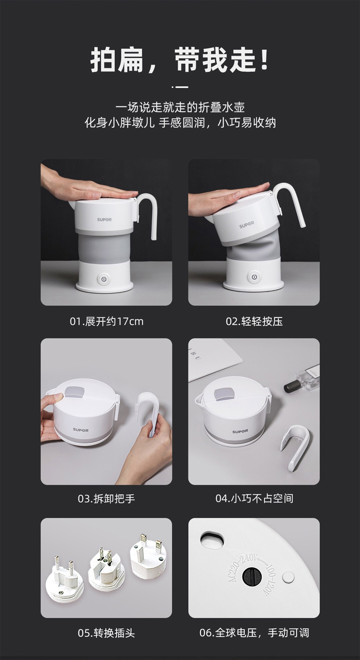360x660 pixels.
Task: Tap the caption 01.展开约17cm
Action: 107,321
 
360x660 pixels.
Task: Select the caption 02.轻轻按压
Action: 254,321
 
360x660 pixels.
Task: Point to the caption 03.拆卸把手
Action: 107,499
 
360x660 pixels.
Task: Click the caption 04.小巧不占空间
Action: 254,499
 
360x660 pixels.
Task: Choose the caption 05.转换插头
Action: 107,633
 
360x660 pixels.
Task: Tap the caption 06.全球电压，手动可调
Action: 254,633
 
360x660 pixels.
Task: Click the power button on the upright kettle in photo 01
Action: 102,278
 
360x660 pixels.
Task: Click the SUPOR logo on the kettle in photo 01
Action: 104,220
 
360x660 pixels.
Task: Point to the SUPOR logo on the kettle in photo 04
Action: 240,432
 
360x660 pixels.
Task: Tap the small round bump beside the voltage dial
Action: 288,577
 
